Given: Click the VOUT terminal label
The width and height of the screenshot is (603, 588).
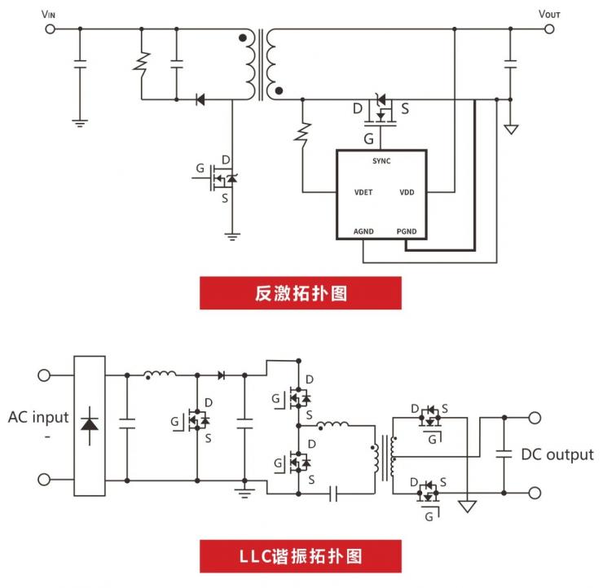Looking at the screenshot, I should click(549, 13).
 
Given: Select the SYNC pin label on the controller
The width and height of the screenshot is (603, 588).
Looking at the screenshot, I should click(381, 161).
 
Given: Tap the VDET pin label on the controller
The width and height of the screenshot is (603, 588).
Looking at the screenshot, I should click(364, 193).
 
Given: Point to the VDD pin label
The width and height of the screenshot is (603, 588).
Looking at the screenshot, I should click(407, 193).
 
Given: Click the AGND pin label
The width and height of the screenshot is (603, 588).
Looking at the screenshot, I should click(363, 231).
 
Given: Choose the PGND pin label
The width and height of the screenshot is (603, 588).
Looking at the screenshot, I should click(407, 231).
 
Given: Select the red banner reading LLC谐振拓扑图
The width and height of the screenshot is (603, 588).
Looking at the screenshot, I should click(301, 557).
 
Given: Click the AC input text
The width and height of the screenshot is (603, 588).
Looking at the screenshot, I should click(38, 418).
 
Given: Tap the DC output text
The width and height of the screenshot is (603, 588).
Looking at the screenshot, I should click(557, 454).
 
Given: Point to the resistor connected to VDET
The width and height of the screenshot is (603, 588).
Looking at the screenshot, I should click(303, 133).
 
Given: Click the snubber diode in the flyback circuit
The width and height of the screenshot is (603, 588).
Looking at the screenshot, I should click(200, 100).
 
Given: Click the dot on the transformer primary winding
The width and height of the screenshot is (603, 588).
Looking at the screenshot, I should click(241, 37).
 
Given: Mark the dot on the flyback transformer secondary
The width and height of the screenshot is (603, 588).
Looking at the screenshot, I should click(279, 91).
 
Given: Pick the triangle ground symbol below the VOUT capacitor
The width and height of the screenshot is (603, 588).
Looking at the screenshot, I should click(511, 129).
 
